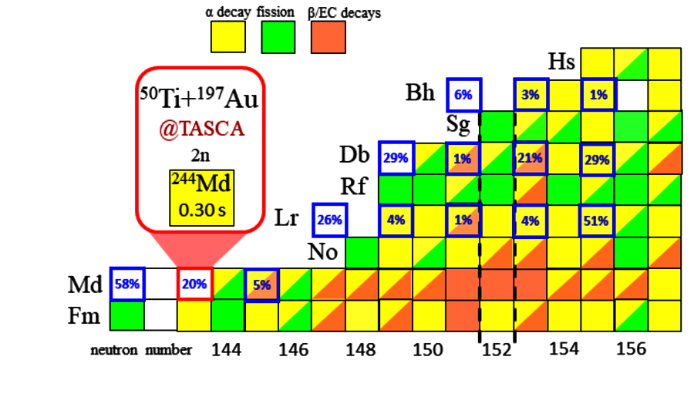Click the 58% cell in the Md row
click(126, 284)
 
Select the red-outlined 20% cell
click(194, 284)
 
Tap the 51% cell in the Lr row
click(598, 220)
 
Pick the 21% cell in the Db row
click(531, 159)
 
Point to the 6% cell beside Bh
click(463, 95)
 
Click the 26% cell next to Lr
click(329, 220)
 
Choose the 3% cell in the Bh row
click(531, 95)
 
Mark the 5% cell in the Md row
click(262, 284)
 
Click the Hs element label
click(561, 62)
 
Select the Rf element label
click(357, 187)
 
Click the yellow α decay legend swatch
click(227, 37)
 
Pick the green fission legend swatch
click(278, 37)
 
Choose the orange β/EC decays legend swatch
click(328, 37)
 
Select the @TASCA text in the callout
click(201, 129)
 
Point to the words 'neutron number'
click(140, 351)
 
